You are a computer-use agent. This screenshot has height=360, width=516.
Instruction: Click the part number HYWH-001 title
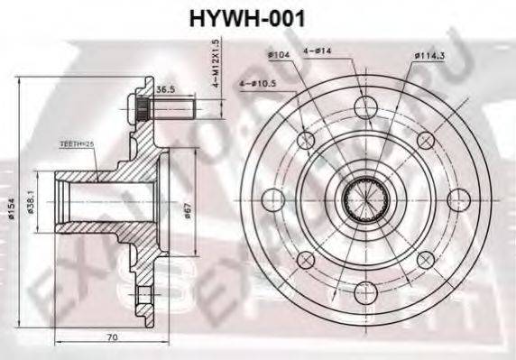point(258,17)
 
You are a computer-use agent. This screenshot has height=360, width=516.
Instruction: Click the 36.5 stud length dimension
point(166,90)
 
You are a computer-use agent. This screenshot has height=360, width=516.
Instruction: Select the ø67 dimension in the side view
point(187,211)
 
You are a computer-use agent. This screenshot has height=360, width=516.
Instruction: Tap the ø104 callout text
point(277,57)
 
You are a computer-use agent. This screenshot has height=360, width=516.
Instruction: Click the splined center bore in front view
point(367,198)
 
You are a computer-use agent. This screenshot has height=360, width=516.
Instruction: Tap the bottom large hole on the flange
point(364,291)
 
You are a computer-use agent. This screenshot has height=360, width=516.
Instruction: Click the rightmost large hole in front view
point(456,200)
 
